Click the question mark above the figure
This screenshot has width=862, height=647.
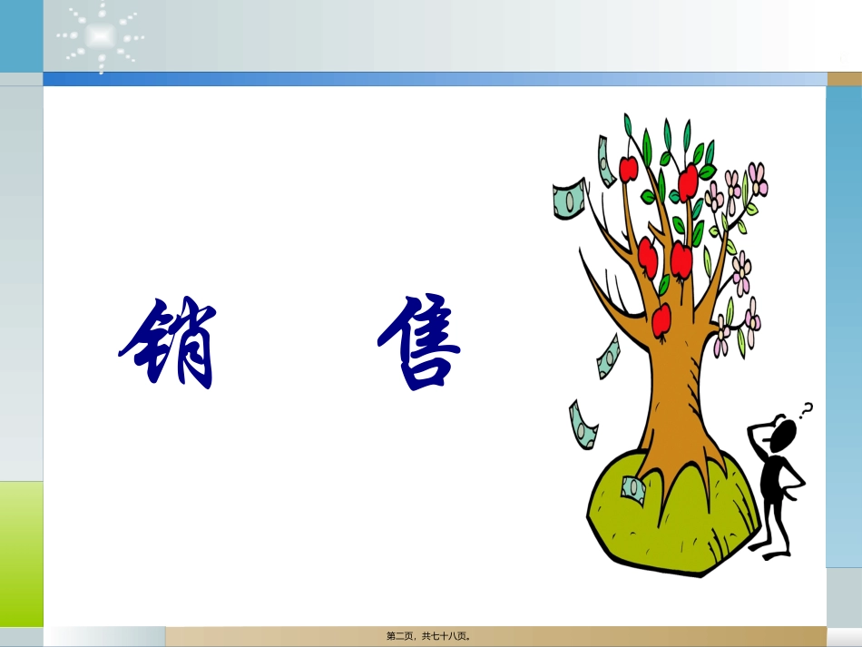point(805,409)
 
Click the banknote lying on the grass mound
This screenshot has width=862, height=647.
point(632,491)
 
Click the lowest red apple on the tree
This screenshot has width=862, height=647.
point(661,319)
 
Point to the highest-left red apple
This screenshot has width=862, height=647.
point(628,168)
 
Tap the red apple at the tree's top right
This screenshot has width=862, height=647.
point(689,181)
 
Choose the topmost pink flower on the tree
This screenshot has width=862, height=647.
point(758,178)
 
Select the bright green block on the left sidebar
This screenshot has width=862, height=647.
point(21,554)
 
